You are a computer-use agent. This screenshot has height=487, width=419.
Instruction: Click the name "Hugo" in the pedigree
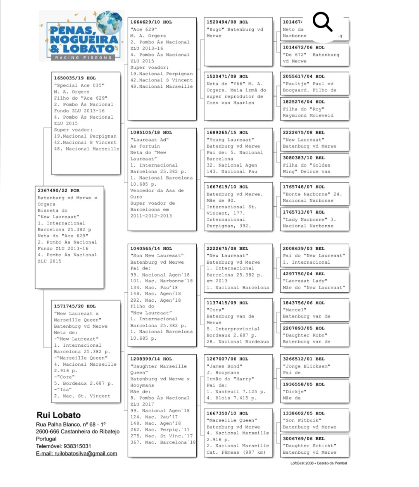click(x=215, y=29)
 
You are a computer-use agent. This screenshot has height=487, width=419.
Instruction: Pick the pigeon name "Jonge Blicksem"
click(x=306, y=366)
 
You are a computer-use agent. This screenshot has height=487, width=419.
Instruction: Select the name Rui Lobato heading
click(x=59, y=415)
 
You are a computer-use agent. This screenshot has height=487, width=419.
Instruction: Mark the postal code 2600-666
click(x=47, y=432)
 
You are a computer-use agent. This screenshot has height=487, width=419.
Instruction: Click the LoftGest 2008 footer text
click(x=319, y=463)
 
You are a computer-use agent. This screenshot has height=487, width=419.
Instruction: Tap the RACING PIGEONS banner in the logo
click(x=83, y=58)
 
